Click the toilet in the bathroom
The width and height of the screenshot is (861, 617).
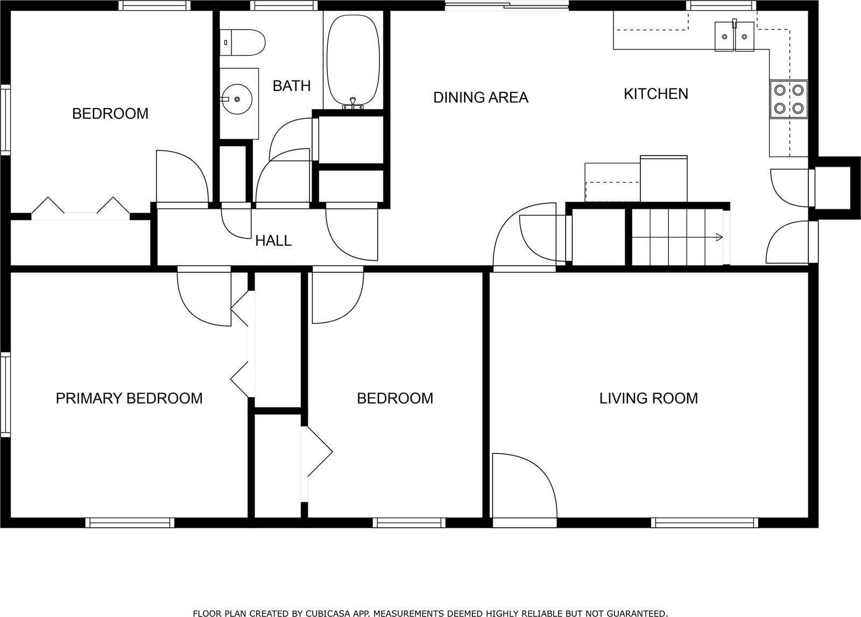(x=242, y=42)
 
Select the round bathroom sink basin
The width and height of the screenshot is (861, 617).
(x=237, y=99)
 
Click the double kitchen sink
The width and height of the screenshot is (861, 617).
(x=734, y=37)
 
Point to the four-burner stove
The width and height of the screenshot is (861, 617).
(x=788, y=99)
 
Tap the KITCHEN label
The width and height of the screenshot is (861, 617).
(x=656, y=94)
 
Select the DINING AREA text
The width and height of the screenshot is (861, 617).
(x=481, y=97)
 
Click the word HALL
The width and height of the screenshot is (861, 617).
(x=273, y=241)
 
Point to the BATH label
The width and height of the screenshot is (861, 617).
(x=292, y=86)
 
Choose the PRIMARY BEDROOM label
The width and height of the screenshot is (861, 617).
(x=129, y=399)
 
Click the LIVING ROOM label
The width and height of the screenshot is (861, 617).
(x=649, y=399)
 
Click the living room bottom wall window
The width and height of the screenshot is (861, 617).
(x=704, y=522)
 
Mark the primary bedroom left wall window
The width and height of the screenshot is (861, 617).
(x=5, y=395)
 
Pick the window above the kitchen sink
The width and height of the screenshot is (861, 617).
(x=721, y=5)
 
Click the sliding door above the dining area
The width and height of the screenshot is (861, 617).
(x=507, y=5)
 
